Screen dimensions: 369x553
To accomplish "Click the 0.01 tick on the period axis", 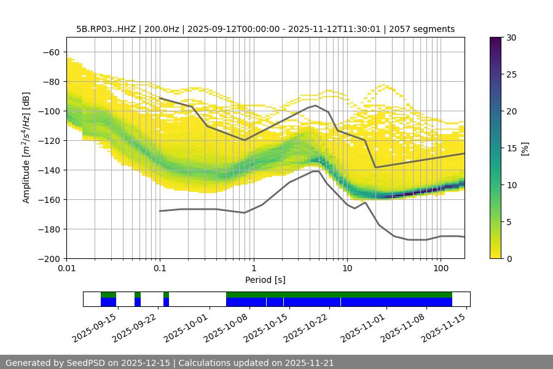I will point(66,269).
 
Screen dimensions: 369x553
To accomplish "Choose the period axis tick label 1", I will point(253,269).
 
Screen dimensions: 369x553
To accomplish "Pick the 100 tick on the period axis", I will point(441,269).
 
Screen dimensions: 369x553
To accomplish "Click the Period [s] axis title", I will point(265,280).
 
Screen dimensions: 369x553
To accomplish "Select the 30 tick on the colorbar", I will point(511,38).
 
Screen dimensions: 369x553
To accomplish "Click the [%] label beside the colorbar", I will point(525,148).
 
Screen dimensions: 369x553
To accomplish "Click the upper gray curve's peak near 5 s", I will point(316,105).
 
